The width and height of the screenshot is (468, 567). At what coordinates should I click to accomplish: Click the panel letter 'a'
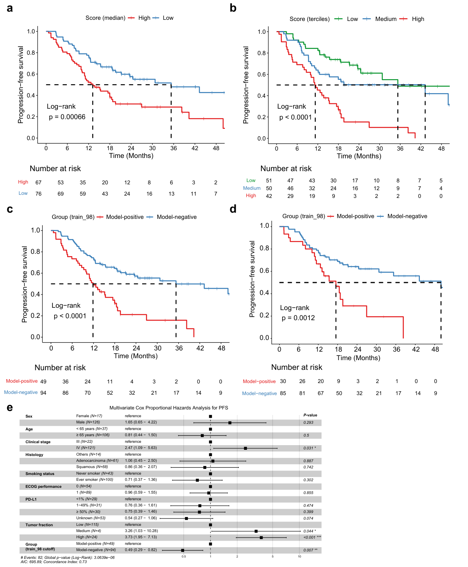(x=10, y=8)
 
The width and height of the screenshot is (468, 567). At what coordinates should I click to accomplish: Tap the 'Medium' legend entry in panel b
(x=385, y=19)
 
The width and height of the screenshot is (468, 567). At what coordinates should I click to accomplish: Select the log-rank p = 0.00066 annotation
(x=66, y=112)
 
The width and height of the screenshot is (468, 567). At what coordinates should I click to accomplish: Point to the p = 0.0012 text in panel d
(x=298, y=318)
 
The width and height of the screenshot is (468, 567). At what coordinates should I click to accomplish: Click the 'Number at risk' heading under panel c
(x=60, y=368)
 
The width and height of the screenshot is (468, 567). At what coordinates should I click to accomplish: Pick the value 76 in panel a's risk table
(x=38, y=194)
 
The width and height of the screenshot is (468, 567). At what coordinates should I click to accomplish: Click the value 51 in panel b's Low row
(x=269, y=180)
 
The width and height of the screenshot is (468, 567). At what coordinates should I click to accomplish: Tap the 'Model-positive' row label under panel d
(x=259, y=381)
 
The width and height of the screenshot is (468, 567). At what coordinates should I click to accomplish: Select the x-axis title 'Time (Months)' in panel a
(x=131, y=156)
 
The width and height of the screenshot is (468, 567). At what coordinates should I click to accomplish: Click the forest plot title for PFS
(x=169, y=407)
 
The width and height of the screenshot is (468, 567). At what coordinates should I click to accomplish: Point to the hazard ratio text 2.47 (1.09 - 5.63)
(x=141, y=447)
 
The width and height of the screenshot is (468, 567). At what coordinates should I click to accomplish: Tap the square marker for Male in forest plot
(x=230, y=423)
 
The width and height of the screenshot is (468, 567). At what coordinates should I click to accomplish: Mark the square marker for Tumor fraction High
(x=261, y=538)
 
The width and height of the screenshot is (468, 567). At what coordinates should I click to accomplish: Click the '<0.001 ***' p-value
(x=312, y=537)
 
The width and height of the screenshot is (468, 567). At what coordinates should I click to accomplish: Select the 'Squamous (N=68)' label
(x=92, y=466)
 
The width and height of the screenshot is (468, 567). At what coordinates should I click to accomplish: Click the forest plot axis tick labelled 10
(x=299, y=557)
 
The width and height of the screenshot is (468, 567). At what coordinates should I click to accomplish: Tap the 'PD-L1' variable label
(x=31, y=499)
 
